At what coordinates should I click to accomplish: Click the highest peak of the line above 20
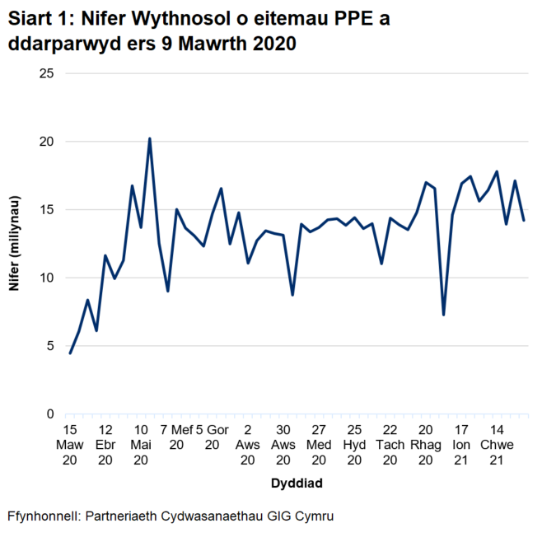coord(149,138)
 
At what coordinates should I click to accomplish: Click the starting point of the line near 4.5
coord(70,353)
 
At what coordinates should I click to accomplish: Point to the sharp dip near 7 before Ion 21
coord(444,315)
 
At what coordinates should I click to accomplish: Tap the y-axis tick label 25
coord(47,73)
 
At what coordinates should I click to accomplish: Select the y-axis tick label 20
coord(47,142)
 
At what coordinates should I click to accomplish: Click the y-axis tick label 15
coord(47,209)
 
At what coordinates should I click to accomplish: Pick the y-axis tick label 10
coord(47,278)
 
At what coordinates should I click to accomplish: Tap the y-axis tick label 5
coord(50,346)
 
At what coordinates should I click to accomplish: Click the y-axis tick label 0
coord(50,414)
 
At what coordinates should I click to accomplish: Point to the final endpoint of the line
coord(524,220)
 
